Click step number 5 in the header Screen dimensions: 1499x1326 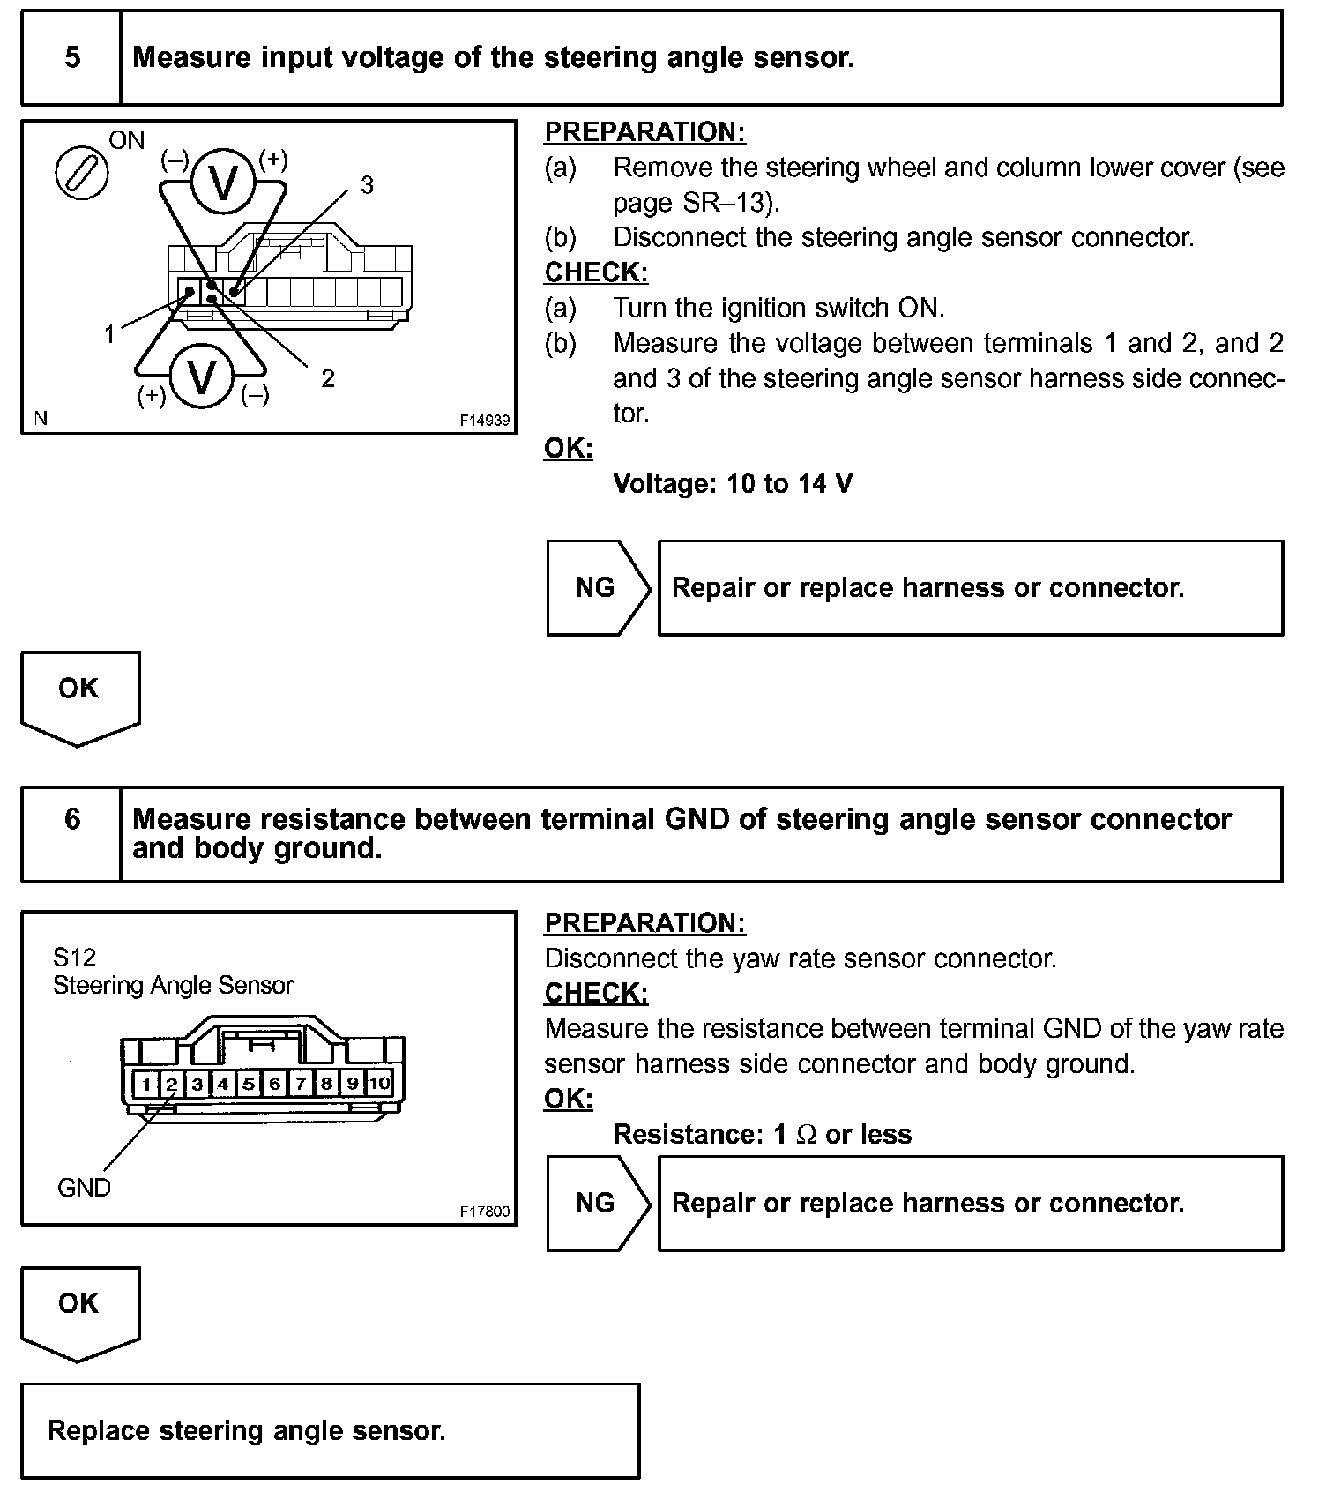click(72, 58)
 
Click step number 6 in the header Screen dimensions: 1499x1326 click(72, 819)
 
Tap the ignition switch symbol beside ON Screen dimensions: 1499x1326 click(82, 173)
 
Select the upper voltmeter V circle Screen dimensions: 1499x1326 click(224, 182)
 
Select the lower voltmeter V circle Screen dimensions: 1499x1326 click(202, 377)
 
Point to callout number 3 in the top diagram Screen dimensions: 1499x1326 click(367, 185)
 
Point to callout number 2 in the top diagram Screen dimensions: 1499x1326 click(328, 378)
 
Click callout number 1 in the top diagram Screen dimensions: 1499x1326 click(109, 334)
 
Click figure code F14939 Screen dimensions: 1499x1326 click(484, 421)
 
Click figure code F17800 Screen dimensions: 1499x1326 click(484, 1212)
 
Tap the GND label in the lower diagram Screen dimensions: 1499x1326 click(84, 1188)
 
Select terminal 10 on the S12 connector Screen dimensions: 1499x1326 click(379, 1083)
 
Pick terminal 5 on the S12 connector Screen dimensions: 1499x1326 click(250, 1083)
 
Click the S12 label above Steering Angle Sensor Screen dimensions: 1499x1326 click(74, 957)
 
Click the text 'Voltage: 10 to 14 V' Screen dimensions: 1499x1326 click(733, 483)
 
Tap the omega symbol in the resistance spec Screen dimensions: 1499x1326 click(806, 1134)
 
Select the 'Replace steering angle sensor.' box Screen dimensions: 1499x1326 click(330, 1430)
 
